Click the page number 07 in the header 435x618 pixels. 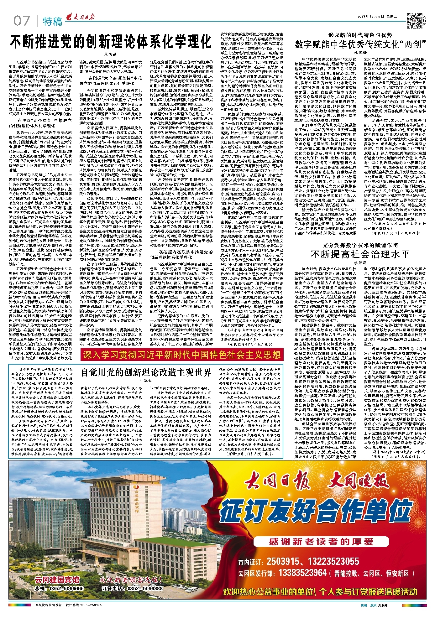tap(21, 21)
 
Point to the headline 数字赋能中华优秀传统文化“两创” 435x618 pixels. tap(360, 44)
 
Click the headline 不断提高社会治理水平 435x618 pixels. tap(360, 254)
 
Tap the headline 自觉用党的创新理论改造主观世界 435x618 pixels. tap(146, 372)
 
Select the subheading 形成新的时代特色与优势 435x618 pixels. tap(360, 35)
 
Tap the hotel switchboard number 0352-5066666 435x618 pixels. tap(66, 589)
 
